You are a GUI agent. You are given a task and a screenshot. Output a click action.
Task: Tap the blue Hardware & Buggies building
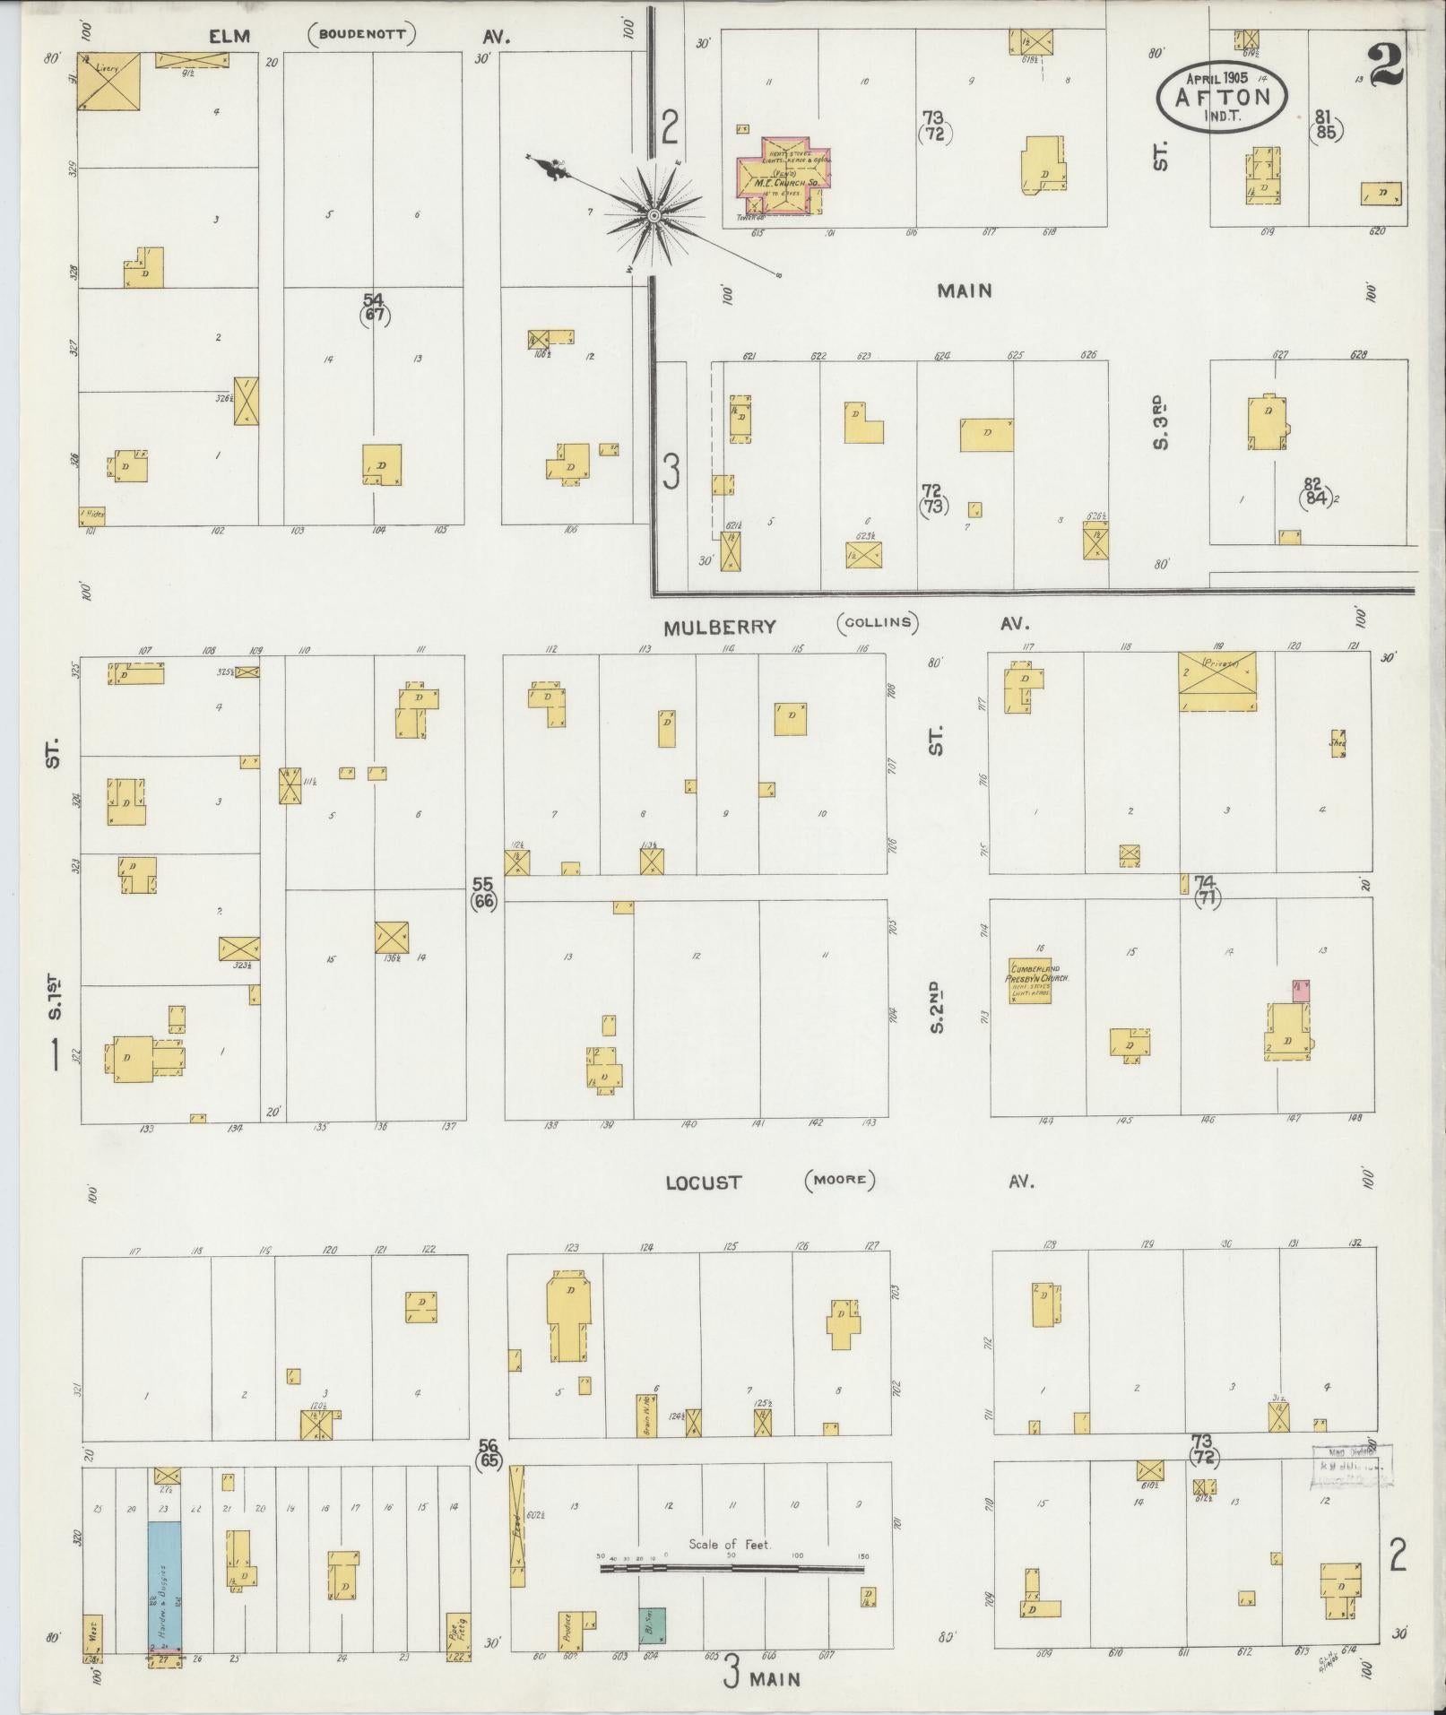coord(164,1586)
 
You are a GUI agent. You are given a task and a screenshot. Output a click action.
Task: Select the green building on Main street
coord(652,1625)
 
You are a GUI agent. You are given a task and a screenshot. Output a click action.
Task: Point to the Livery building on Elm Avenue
coord(108,82)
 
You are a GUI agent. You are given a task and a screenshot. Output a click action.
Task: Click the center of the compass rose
coord(654,216)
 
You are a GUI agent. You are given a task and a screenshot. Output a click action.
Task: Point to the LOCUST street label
coord(704,1182)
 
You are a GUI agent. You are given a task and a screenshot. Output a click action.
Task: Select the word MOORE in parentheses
coord(839,1179)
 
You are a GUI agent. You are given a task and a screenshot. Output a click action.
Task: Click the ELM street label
coord(229,37)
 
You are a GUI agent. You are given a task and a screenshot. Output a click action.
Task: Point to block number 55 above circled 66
coord(484,885)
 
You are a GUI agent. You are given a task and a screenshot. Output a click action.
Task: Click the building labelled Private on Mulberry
coord(1217,682)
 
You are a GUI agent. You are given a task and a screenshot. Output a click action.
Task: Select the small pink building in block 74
coord(1300,991)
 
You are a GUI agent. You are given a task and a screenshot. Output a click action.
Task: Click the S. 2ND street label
coord(936,1009)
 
